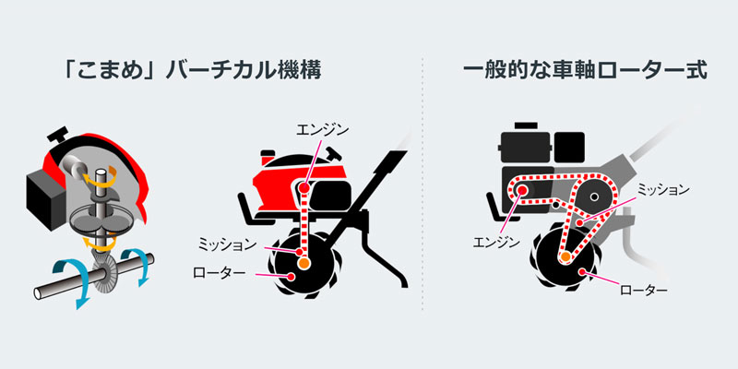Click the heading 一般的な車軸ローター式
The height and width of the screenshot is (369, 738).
pyautogui.click(x=586, y=72)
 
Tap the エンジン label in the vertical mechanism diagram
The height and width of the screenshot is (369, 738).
pyautogui.click(x=323, y=130)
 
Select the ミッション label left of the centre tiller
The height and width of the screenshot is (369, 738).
pyautogui.click(x=227, y=244)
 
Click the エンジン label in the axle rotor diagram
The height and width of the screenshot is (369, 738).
pyautogui.click(x=496, y=243)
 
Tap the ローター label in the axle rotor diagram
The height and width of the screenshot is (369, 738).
pyautogui.click(x=643, y=291)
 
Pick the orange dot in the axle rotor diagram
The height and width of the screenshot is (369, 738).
pyautogui.click(x=565, y=256)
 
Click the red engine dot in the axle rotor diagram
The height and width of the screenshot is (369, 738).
pyautogui.click(x=521, y=190)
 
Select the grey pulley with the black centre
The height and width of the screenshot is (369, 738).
pyautogui.click(x=595, y=196)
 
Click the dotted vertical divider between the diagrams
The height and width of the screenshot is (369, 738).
pyautogui.click(x=422, y=184)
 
